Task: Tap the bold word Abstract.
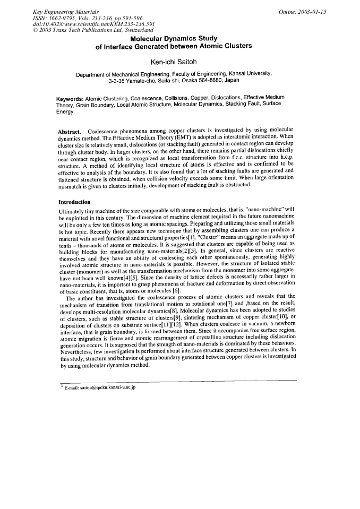coord(69,131)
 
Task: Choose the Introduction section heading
coord(74,202)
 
